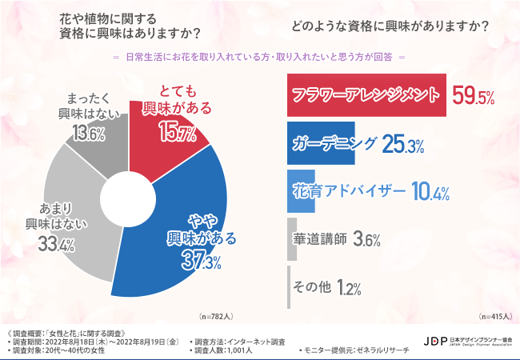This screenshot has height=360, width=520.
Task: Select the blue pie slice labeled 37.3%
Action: (x=192, y=232)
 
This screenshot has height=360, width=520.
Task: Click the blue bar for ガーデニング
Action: (x=331, y=143)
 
